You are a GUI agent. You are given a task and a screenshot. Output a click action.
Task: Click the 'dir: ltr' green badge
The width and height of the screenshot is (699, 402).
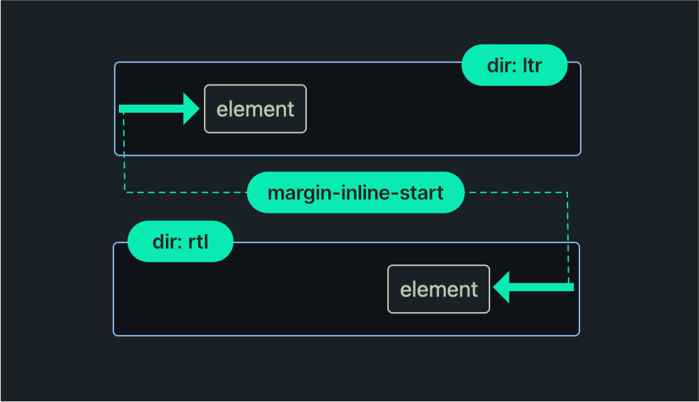click(514, 65)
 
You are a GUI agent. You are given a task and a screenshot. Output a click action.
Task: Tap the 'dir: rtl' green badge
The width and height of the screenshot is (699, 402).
click(180, 242)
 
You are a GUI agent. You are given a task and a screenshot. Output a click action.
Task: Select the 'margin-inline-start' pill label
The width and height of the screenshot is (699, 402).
click(355, 193)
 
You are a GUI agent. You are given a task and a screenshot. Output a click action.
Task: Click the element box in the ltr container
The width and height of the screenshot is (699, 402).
click(255, 109)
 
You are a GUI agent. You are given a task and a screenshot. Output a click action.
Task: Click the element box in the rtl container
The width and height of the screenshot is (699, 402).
click(438, 289)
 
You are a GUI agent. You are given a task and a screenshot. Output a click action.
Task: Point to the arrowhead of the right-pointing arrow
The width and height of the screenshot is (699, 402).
click(192, 109)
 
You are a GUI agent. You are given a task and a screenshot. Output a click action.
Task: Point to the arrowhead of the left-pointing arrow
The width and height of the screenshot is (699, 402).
click(502, 287)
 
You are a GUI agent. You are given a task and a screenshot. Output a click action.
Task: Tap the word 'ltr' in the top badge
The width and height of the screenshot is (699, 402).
click(531, 65)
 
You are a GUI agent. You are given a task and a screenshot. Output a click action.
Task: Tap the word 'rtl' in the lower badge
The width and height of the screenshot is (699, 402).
click(198, 242)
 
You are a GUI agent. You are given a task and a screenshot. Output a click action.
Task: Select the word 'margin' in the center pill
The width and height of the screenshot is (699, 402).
click(293, 193)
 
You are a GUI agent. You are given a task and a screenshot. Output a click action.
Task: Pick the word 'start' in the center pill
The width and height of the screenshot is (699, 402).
click(424, 193)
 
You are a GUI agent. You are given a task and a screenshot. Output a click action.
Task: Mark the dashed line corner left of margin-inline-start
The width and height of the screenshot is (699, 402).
click(125, 193)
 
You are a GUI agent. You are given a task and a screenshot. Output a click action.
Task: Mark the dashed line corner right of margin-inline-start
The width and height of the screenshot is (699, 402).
click(568, 193)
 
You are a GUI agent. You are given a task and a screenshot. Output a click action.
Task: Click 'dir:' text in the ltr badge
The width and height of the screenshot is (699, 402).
click(501, 65)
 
